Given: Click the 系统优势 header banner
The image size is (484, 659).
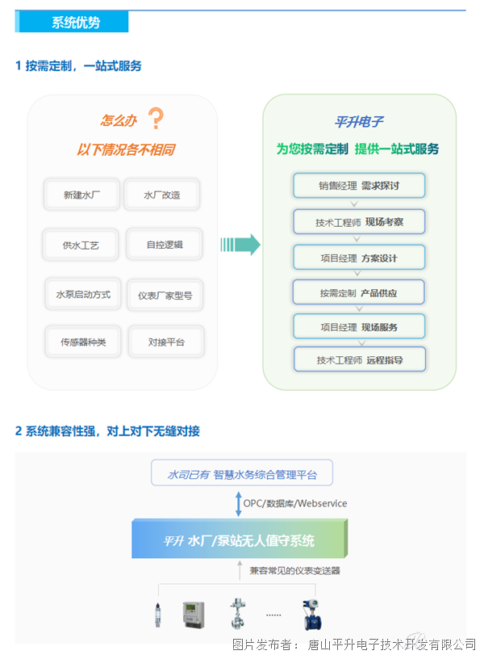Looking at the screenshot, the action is pyautogui.click(x=72, y=22).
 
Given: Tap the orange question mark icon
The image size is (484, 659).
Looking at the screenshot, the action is pyautogui.click(x=156, y=118).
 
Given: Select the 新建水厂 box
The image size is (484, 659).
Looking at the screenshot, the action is pyautogui.click(x=81, y=195).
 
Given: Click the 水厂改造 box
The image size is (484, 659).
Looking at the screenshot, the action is pyautogui.click(x=162, y=195).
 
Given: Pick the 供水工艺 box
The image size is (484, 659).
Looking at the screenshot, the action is pyautogui.click(x=81, y=245).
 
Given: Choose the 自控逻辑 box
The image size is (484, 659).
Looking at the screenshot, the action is pyautogui.click(x=165, y=245).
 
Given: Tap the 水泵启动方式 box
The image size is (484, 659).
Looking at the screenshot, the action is pyautogui.click(x=83, y=294).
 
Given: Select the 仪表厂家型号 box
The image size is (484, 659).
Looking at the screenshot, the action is pyautogui.click(x=165, y=296).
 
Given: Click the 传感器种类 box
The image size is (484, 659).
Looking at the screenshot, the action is pyautogui.click(x=83, y=342).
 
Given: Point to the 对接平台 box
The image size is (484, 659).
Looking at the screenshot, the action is pyautogui.click(x=166, y=342).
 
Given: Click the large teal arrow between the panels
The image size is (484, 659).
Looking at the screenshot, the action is pyautogui.click(x=240, y=245).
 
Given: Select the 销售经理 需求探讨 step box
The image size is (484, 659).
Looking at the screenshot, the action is pyautogui.click(x=359, y=186).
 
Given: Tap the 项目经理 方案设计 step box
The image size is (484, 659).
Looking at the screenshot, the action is pyautogui.click(x=359, y=258).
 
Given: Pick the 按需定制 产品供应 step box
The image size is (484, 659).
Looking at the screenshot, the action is pyautogui.click(x=358, y=292).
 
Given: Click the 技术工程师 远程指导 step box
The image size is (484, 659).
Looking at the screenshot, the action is pyautogui.click(x=360, y=359).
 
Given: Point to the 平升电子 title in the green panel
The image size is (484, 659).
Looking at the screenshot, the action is pyautogui.click(x=359, y=122).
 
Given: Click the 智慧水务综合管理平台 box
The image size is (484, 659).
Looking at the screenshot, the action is pyautogui.click(x=242, y=472).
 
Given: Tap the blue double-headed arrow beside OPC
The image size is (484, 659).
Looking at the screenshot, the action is pyautogui.click(x=239, y=504).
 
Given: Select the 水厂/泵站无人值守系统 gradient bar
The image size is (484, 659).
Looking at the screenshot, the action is pyautogui.click(x=240, y=539).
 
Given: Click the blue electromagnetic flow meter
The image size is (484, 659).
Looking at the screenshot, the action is pyautogui.click(x=311, y=615).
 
